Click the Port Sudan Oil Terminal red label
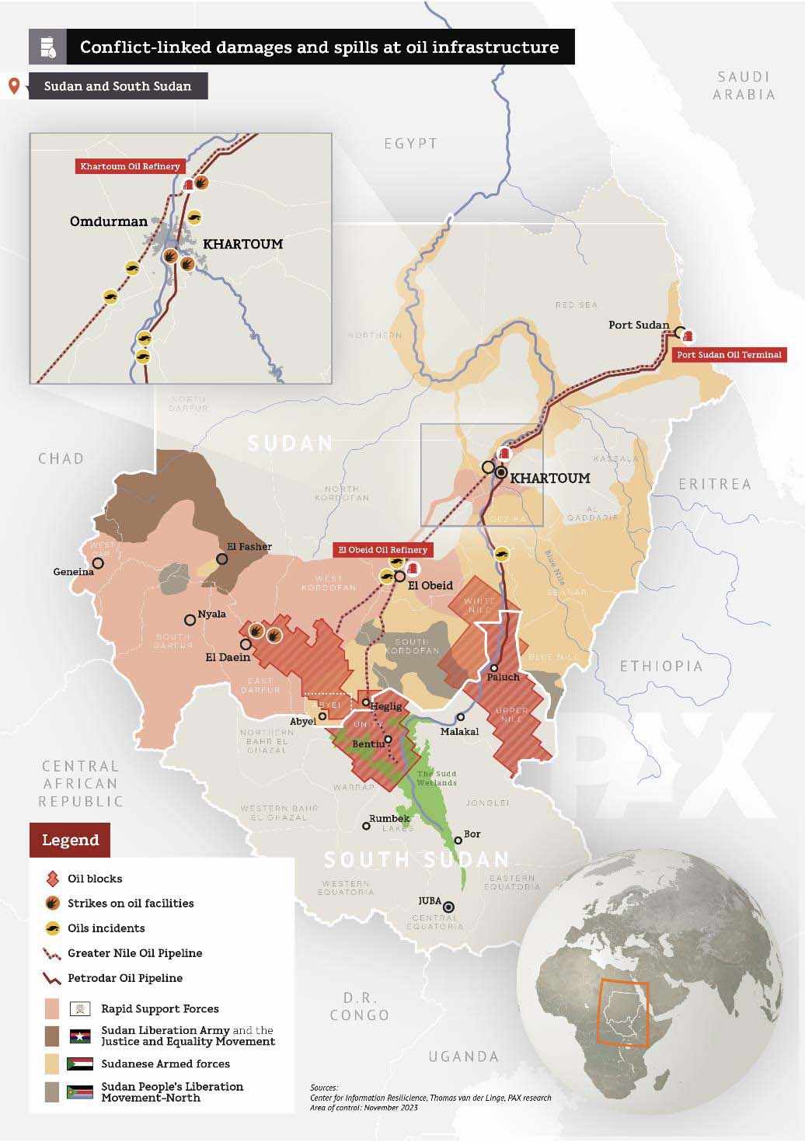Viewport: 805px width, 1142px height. (729, 355)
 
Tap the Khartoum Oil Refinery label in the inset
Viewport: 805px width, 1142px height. (130, 166)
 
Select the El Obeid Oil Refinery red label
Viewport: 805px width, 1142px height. (382, 550)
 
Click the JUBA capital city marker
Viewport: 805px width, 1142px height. (449, 907)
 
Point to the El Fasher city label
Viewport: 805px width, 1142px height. (249, 546)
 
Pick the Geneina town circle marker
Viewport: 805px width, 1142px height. (98, 563)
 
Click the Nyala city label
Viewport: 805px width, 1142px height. (212, 614)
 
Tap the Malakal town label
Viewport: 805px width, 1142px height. (459, 731)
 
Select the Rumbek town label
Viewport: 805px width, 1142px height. (389, 818)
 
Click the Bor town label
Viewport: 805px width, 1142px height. (472, 834)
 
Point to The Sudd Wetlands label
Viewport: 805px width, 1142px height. (437, 778)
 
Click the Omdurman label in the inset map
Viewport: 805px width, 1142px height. (108, 221)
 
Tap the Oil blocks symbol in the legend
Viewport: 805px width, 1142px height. (53, 879)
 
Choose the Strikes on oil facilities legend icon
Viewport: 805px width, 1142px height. (53, 904)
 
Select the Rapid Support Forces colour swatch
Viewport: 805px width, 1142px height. (52, 1008)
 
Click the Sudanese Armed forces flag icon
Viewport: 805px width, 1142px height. (81, 1064)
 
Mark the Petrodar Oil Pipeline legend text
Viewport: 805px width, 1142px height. (125, 978)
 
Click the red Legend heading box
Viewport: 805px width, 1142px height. (70, 840)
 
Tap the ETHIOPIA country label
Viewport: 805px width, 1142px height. (660, 666)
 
